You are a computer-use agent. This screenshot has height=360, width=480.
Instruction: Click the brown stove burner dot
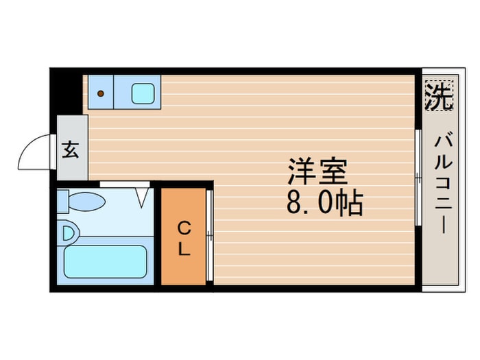[x=100, y=93]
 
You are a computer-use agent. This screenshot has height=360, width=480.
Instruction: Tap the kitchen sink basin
[x=142, y=93]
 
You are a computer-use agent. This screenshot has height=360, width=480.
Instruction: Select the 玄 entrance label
[x=71, y=149]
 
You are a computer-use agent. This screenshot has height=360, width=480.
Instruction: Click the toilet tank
[x=63, y=202]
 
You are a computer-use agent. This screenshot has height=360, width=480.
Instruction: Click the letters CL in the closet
[x=183, y=238]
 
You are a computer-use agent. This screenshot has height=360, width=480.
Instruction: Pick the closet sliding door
[x=210, y=237]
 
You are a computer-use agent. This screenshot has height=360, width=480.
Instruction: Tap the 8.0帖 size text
[x=324, y=204]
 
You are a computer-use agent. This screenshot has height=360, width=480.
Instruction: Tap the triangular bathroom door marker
[x=143, y=197]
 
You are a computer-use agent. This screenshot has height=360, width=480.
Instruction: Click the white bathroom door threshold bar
[x=125, y=184]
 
